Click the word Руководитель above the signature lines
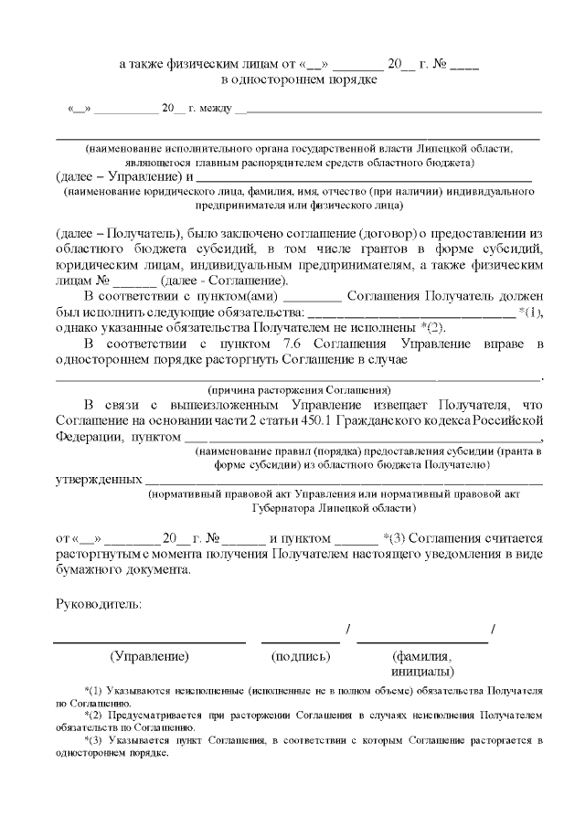tap(99, 603)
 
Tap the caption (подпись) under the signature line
tap(300, 656)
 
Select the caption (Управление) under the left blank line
tap(149, 656)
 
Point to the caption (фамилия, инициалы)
tap(421, 663)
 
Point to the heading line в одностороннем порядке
tap(299, 80)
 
